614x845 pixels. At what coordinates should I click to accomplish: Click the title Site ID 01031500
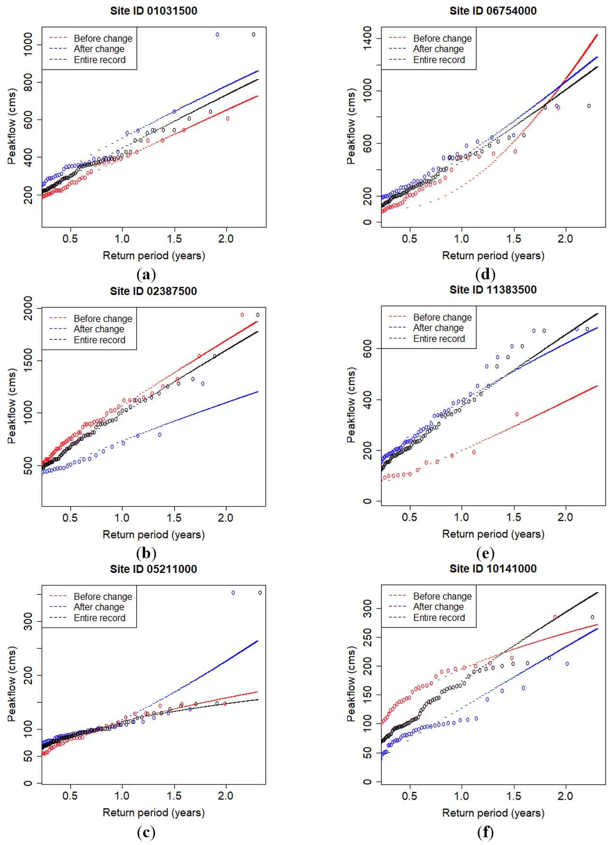(153, 11)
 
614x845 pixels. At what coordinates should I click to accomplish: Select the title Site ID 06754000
(493, 11)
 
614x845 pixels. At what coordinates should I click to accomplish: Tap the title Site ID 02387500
(153, 291)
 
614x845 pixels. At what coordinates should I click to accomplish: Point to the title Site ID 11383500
(493, 290)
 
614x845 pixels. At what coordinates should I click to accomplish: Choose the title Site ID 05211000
(153, 569)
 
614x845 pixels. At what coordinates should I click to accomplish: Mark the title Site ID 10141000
(493, 568)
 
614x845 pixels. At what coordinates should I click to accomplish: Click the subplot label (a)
(146, 275)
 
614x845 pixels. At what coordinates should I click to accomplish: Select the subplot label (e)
(485, 554)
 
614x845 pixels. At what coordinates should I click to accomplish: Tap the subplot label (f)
(485, 832)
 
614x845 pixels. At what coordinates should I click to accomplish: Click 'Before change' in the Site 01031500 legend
(102, 39)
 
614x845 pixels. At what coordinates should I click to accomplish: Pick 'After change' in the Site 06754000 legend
(438, 49)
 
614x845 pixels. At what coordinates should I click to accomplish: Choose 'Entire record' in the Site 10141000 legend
(439, 618)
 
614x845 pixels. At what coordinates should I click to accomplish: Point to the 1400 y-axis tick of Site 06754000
(367, 38)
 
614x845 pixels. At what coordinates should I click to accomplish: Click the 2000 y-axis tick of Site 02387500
(28, 308)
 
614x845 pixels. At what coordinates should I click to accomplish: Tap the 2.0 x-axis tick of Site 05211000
(226, 796)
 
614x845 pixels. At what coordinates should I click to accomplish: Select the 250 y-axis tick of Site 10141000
(367, 637)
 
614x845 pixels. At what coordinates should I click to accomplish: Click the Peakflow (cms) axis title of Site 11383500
(351, 405)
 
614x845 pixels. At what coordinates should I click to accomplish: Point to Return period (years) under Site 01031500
(154, 256)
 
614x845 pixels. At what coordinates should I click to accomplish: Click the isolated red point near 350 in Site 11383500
(517, 414)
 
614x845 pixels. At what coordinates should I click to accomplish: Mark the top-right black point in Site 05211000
(260, 593)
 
